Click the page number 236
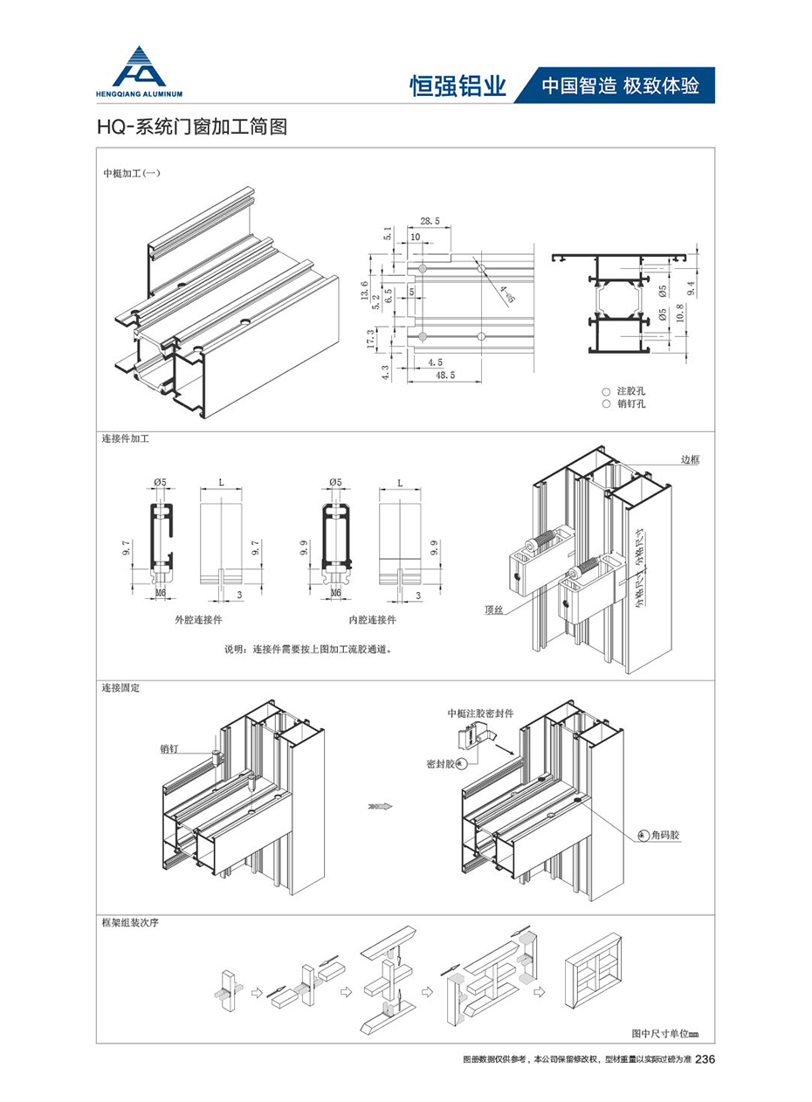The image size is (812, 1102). coord(705,1059)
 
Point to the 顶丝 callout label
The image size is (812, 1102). coord(495,610)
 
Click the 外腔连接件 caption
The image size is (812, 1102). coord(199,619)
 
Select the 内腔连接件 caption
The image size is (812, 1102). coord(373,619)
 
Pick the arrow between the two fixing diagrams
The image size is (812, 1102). coord(378,806)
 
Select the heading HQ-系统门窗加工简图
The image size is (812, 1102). coord(191,127)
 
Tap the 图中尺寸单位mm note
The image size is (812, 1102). coord(665,1034)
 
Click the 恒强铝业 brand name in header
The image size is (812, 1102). coord(458,86)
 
